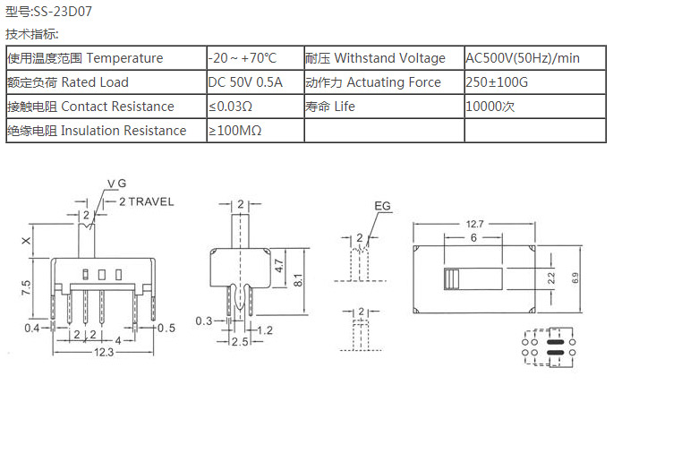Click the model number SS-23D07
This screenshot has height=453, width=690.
(x=62, y=12)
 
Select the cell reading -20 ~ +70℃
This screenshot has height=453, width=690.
(x=243, y=58)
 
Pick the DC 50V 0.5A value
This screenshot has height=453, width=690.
(x=245, y=82)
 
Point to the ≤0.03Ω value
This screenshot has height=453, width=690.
(x=231, y=107)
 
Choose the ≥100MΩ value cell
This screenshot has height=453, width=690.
(x=235, y=131)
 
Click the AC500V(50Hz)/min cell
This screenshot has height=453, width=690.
(x=523, y=58)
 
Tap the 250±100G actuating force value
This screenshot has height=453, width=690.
(x=497, y=82)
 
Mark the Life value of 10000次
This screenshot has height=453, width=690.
(x=490, y=107)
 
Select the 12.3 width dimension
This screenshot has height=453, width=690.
(x=103, y=353)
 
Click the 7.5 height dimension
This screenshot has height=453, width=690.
(x=26, y=287)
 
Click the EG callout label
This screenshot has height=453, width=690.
(x=383, y=207)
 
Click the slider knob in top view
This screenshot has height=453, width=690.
(x=451, y=278)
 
